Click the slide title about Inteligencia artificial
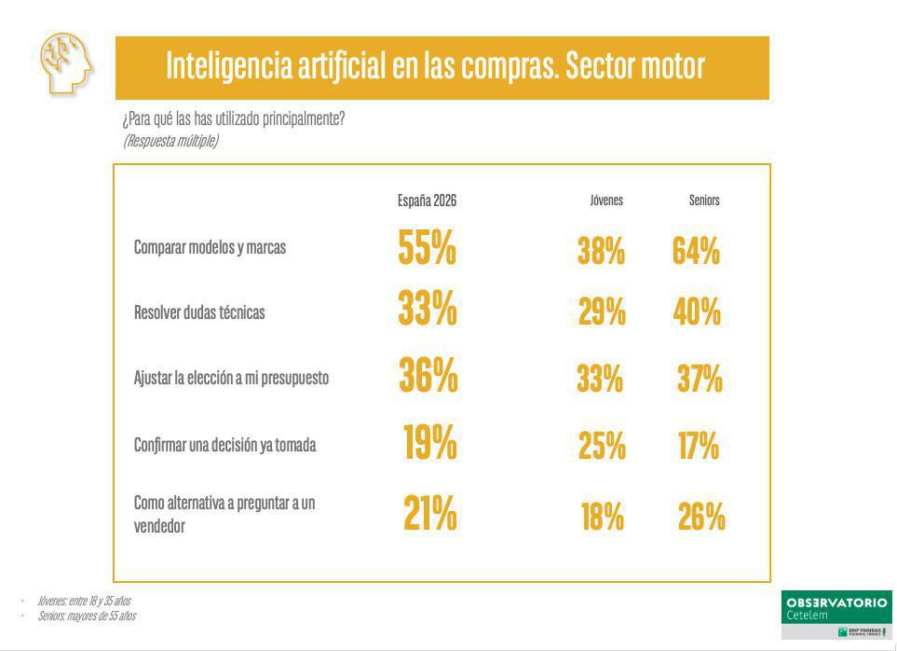[435, 66]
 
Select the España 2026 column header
[427, 201]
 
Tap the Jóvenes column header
[605, 201]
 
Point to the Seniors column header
[704, 201]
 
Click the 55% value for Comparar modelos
[427, 249]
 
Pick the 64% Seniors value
[696, 251]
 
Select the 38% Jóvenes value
[601, 251]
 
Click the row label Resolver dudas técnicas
[199, 312]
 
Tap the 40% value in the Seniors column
[697, 312]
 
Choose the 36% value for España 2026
[428, 375]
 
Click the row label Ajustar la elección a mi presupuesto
[231, 379]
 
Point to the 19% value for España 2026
[429, 443]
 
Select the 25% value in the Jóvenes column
[602, 447]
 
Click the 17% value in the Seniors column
[699, 447]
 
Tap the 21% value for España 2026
[429, 513]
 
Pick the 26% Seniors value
[701, 516]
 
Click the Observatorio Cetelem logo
[836, 615]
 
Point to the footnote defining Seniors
[87, 616]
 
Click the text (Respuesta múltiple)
[170, 141]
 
